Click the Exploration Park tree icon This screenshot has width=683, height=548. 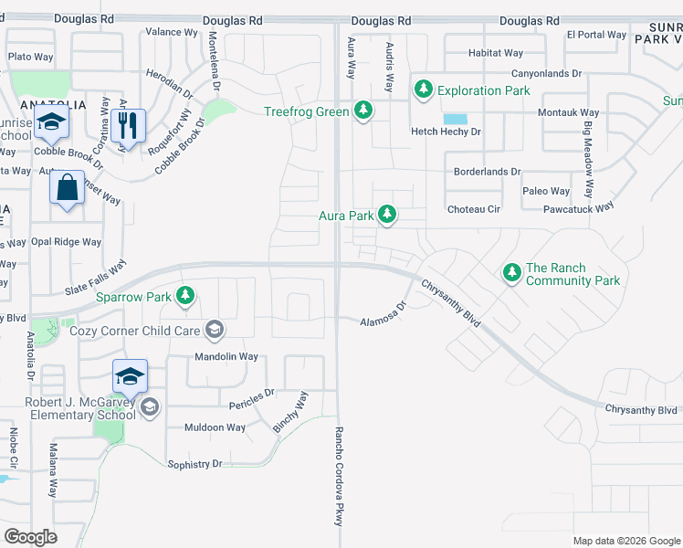coord(423,90)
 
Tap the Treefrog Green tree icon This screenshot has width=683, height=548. coord(364,111)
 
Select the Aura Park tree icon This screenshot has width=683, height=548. coord(387,215)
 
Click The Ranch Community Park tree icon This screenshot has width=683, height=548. coord(511,272)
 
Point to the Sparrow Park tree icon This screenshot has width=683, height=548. coord(185,295)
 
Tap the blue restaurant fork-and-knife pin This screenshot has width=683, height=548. coord(128,124)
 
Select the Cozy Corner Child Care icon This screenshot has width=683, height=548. coord(214,329)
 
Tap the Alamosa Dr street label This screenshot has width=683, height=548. coord(383,316)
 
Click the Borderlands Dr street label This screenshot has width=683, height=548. coord(487,171)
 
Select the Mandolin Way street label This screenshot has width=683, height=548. coord(226,356)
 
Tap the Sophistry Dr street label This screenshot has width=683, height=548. coord(194,464)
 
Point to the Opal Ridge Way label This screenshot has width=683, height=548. coord(66,242)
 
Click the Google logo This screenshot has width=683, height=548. coord(31,536)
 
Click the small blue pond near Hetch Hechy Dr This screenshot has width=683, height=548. coord(453,119)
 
